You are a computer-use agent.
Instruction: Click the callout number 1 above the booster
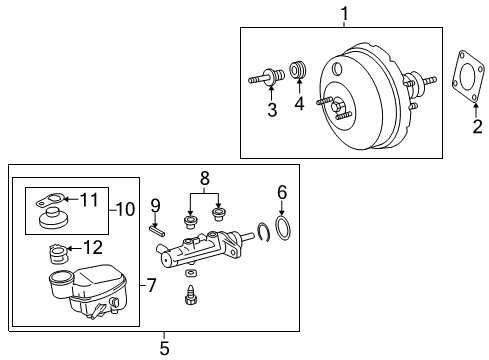tap(344, 14)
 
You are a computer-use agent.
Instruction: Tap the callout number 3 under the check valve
tap(271, 110)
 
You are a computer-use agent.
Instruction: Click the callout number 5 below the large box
tap(166, 348)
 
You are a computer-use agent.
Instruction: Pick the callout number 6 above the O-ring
tap(282, 191)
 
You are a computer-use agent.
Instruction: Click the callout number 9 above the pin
tap(156, 206)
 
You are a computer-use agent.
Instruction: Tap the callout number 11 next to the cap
tap(90, 200)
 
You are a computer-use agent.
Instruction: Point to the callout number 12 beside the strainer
tap(91, 246)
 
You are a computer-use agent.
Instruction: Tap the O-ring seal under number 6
tap(283, 229)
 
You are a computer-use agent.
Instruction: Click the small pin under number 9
tap(157, 228)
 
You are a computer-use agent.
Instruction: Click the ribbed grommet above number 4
tap(297, 72)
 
